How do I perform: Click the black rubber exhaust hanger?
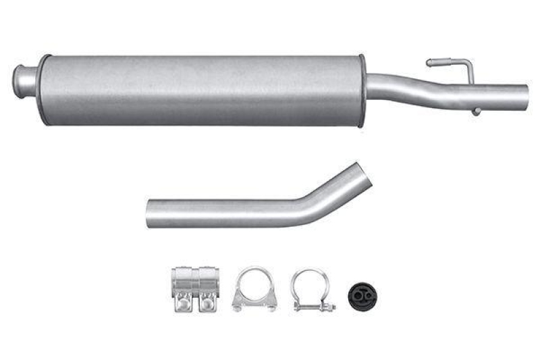click(361, 294)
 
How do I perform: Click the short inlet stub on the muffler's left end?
click(26, 80)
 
